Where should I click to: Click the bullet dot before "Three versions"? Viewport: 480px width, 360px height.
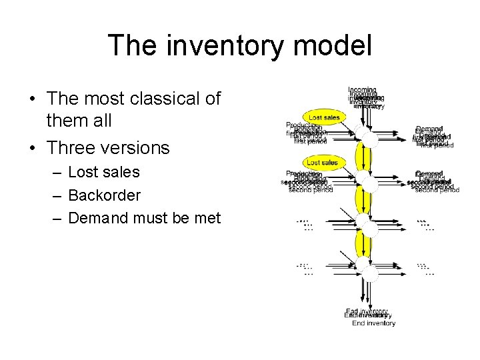32,147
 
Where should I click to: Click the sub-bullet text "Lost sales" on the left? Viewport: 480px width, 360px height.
103,172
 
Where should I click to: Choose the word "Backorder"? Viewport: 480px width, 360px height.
104,195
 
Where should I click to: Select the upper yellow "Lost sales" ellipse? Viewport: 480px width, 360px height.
323,118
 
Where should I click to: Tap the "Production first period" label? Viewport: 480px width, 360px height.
307,133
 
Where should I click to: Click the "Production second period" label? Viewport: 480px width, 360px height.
307,180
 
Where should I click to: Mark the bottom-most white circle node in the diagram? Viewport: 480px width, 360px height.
366,269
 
